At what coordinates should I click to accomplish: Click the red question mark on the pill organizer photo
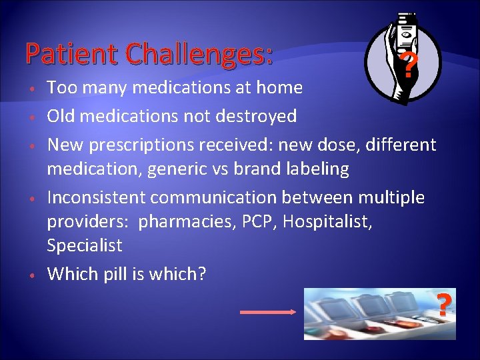[444, 304]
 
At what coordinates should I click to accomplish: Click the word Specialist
[85, 246]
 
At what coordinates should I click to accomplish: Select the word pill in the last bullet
[115, 273]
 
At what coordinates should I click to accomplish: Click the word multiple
[392, 197]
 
